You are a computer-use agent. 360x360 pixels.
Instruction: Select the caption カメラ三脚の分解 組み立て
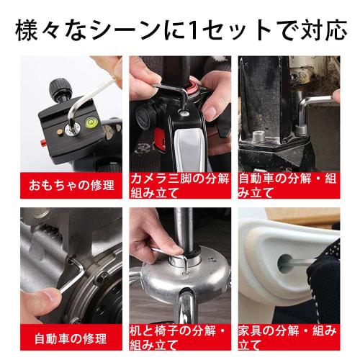point(180,184)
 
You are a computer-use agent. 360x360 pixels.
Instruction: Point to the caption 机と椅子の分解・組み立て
point(180,337)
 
